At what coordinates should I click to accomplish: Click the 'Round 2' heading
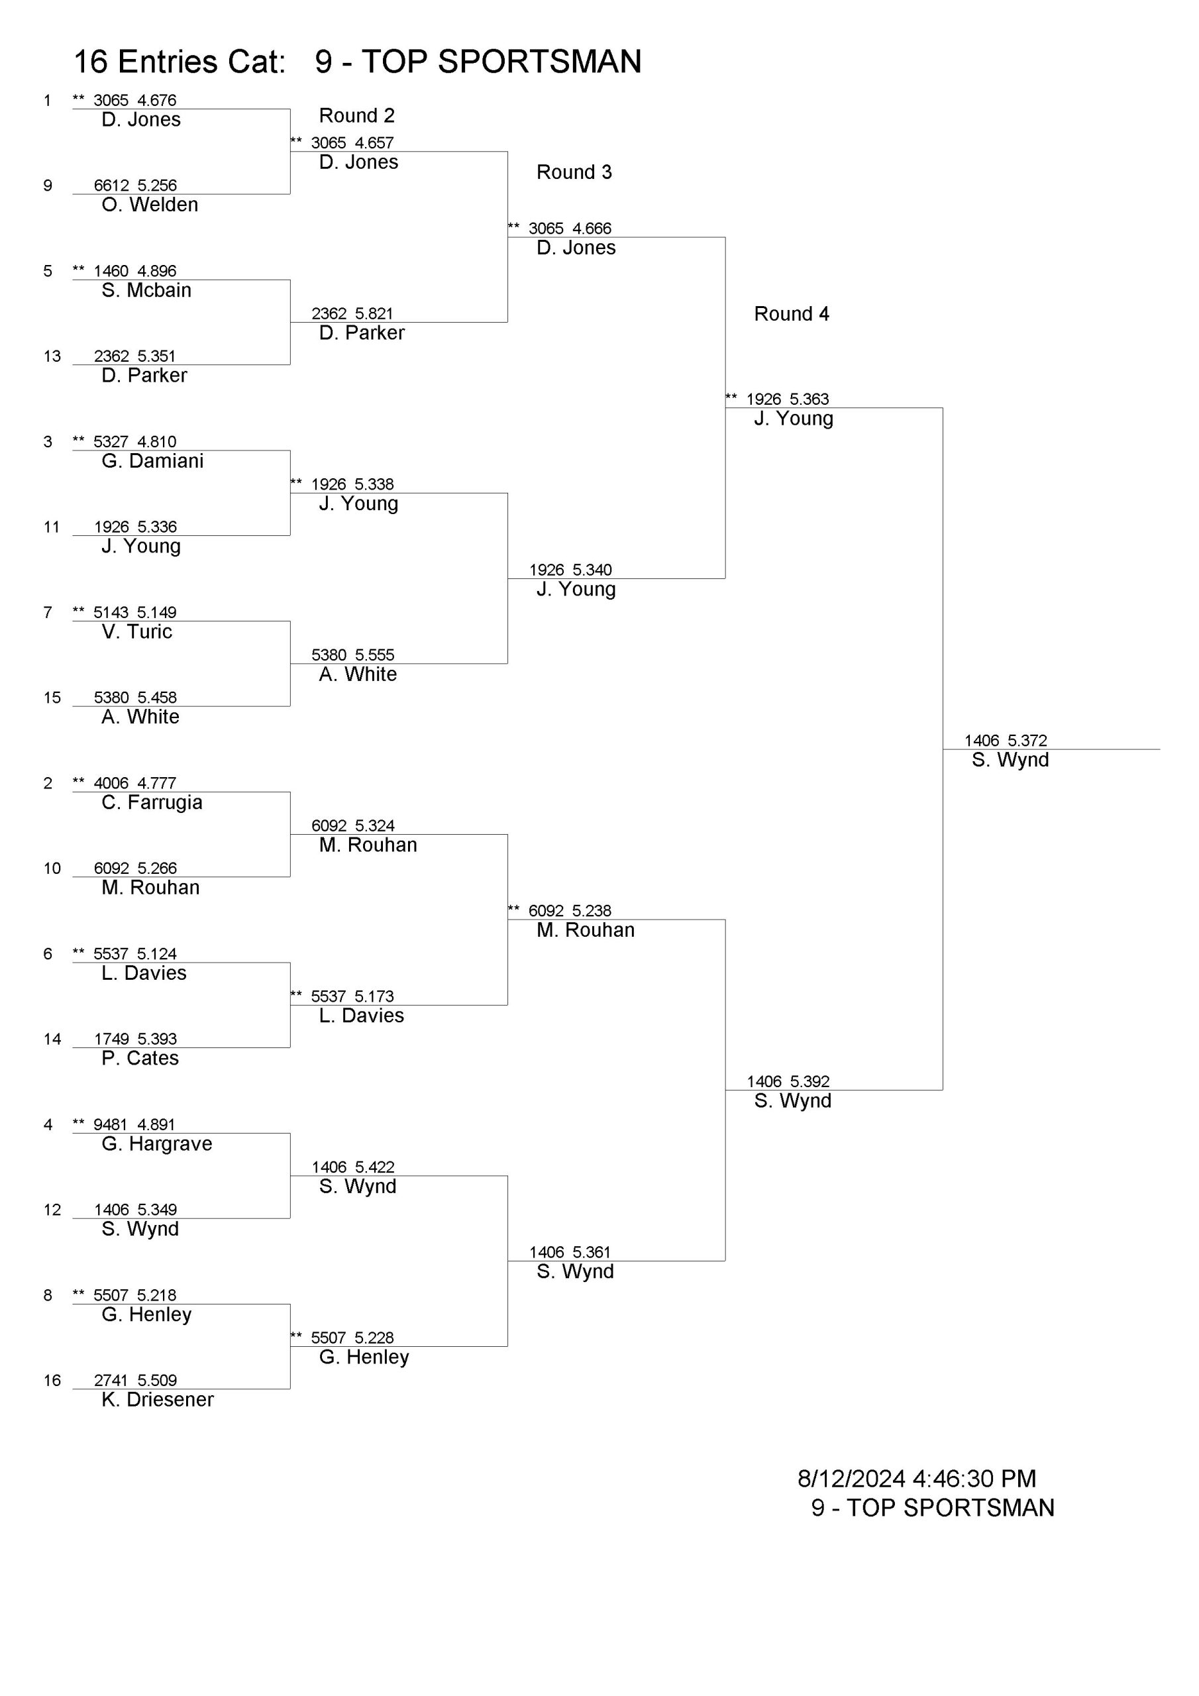pyautogui.click(x=357, y=115)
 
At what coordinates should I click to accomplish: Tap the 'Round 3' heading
pyautogui.click(x=574, y=172)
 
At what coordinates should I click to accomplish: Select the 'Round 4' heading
pyautogui.click(x=791, y=314)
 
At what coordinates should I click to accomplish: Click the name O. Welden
pyautogui.click(x=150, y=205)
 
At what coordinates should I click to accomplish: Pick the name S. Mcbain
pyautogui.click(x=146, y=290)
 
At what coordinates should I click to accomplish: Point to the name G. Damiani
pyautogui.click(x=152, y=461)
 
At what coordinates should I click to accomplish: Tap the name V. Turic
pyautogui.click(x=136, y=631)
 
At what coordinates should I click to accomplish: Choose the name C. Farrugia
pyautogui.click(x=152, y=802)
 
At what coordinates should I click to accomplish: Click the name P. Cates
pyautogui.click(x=140, y=1058)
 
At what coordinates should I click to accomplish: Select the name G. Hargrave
pyautogui.click(x=156, y=1143)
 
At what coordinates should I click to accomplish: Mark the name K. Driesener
pyautogui.click(x=158, y=1399)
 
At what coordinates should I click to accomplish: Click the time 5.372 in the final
pyautogui.click(x=1027, y=740)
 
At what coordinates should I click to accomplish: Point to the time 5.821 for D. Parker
pyautogui.click(x=374, y=314)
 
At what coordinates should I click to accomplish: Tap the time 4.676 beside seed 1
pyautogui.click(x=156, y=101)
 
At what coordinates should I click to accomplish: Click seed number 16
pyautogui.click(x=52, y=1381)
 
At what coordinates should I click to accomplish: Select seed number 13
pyautogui.click(x=52, y=357)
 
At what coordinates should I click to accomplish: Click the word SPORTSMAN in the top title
pyautogui.click(x=539, y=62)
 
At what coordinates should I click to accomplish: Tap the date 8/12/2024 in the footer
pyautogui.click(x=851, y=1478)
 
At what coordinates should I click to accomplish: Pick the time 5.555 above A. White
pyautogui.click(x=374, y=655)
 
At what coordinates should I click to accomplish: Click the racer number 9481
pyautogui.click(x=111, y=1124)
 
